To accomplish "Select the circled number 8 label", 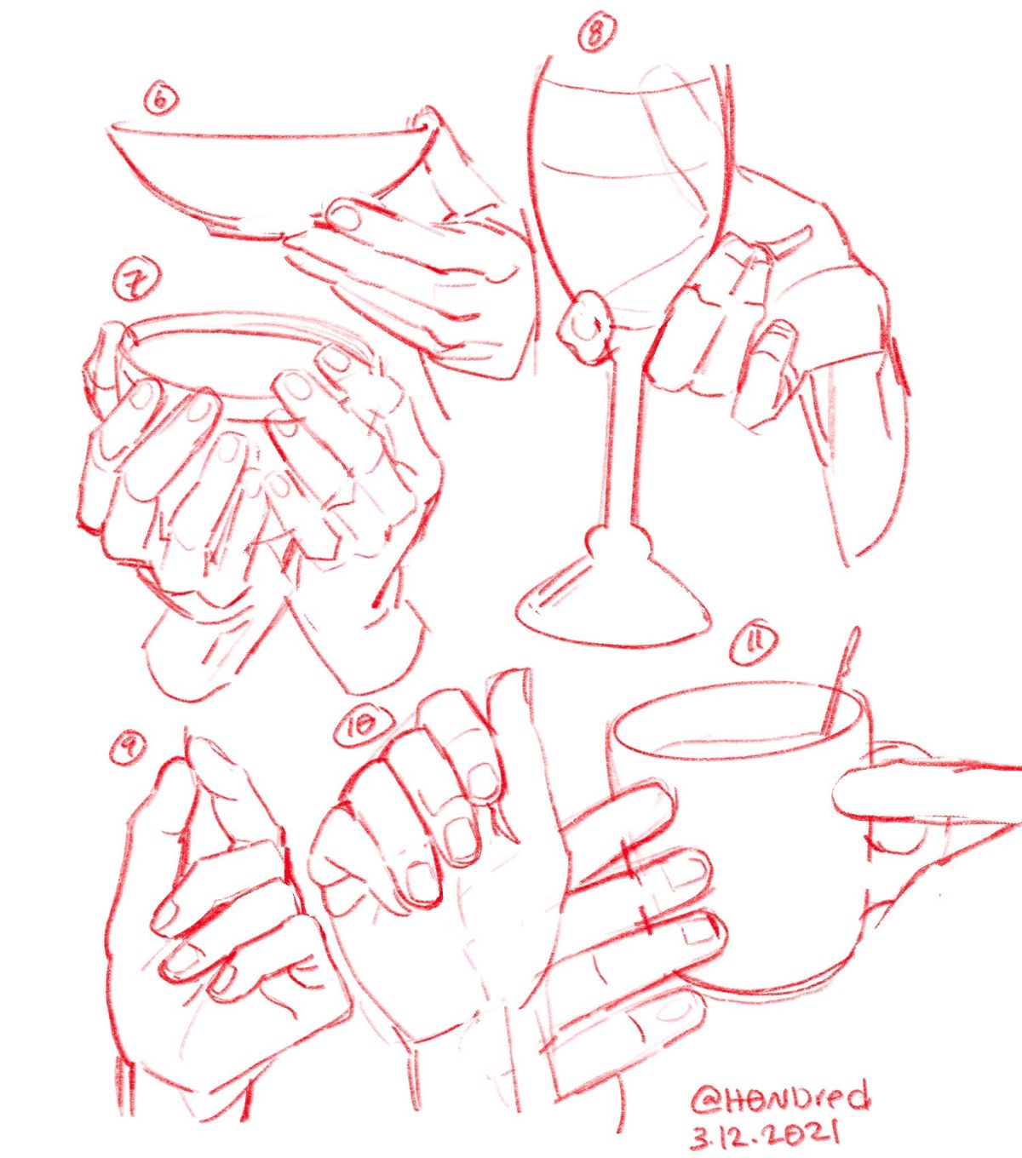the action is (x=597, y=32).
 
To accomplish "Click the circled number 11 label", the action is (x=755, y=646).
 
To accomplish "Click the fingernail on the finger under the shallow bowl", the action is (x=346, y=217).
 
